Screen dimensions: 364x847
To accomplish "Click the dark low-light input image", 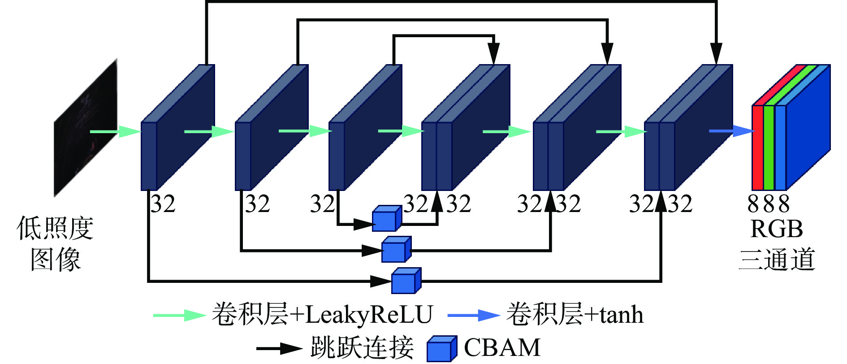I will tap(86, 128).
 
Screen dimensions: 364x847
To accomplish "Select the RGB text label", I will tap(776, 229).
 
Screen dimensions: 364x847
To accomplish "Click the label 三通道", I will tap(776, 260).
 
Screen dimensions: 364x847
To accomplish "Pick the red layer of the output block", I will tap(757, 148).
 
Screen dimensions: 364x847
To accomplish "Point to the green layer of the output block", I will tap(769, 148).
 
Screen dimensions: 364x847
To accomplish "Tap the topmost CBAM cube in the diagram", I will tap(386, 219).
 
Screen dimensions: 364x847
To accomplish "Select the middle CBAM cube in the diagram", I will tap(395, 250).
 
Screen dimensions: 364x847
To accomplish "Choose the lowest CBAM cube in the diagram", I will tap(405, 282).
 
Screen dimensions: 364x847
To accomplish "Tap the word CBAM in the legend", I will tap(502, 347).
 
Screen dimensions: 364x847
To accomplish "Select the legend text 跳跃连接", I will tap(361, 347).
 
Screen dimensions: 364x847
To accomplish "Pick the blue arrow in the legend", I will tap(473, 315).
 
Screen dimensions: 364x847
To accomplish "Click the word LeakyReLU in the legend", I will tap(369, 315).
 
